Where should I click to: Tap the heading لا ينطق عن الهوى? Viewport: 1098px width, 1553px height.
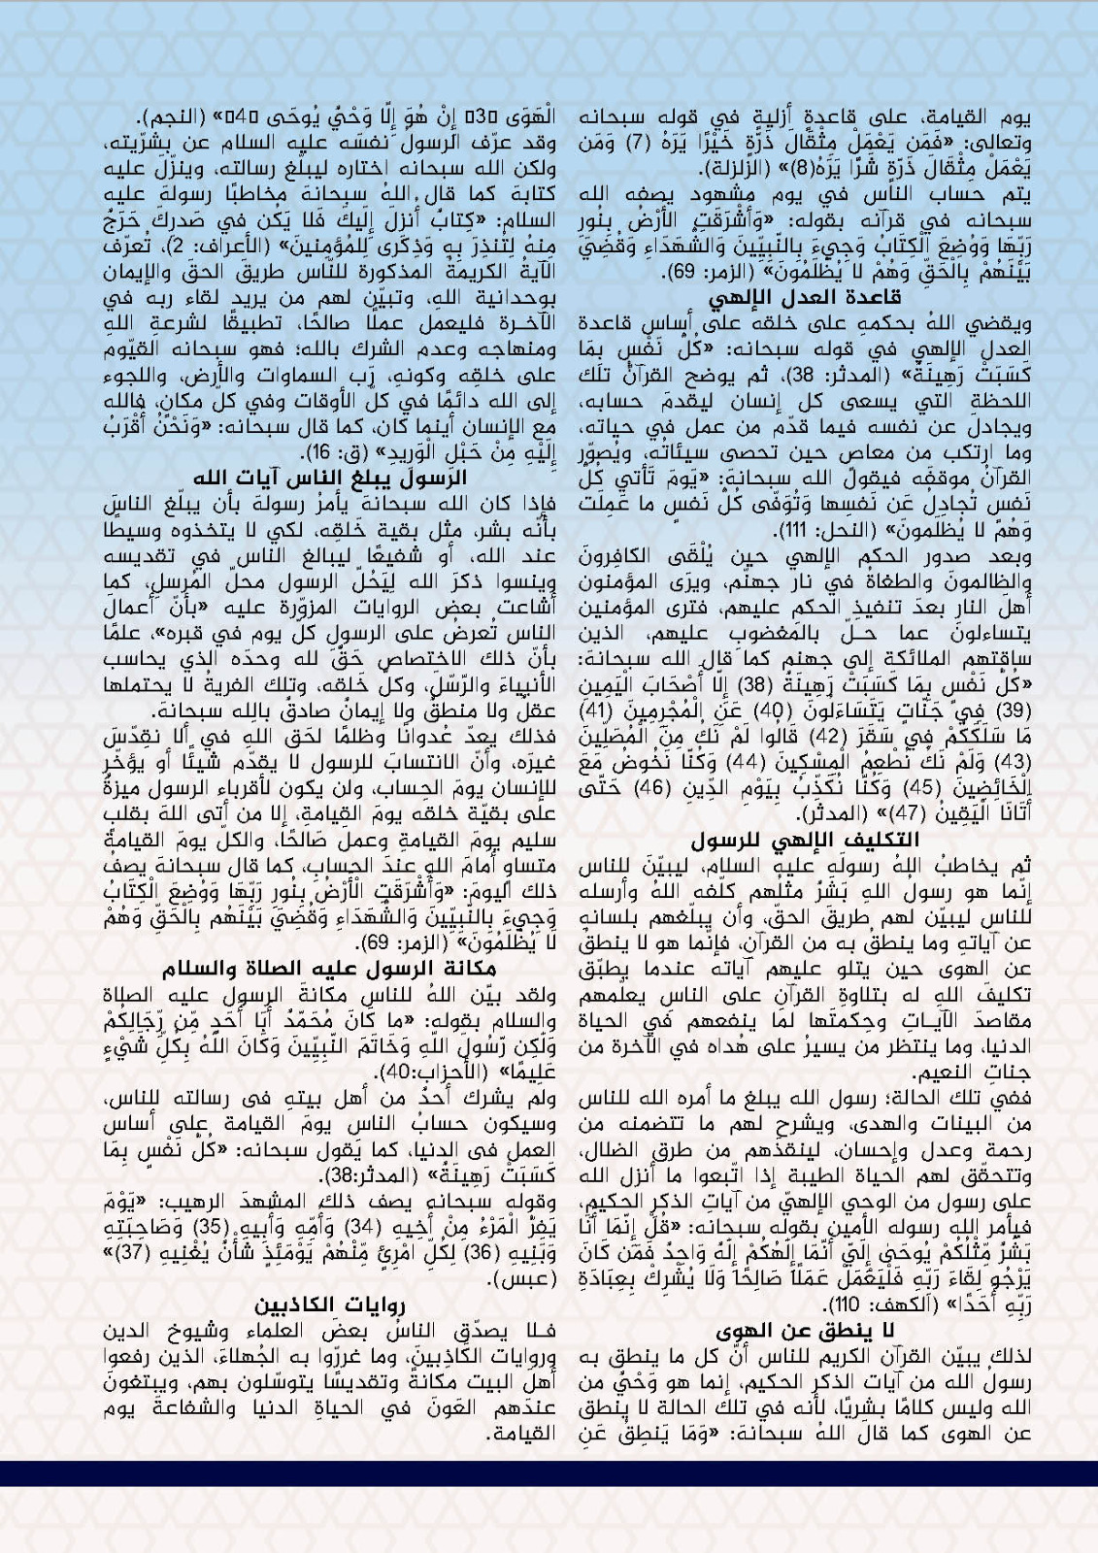tap(808, 1329)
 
